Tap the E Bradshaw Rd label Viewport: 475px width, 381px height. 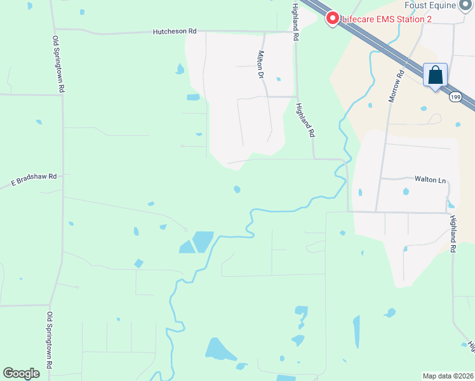(x=34, y=180)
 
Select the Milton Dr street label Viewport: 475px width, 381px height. (x=260, y=64)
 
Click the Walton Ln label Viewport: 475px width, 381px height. (x=431, y=180)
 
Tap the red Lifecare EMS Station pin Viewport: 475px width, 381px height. (x=331, y=18)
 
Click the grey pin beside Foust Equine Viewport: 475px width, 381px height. (x=467, y=4)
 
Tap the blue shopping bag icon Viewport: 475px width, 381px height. (x=436, y=75)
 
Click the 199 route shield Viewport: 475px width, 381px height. (x=454, y=97)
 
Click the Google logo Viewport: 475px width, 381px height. (x=22, y=373)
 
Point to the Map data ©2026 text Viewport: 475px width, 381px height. (x=448, y=375)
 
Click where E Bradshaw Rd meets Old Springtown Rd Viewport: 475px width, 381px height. (x=62, y=175)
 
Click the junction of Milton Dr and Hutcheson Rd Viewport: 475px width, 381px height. (x=264, y=31)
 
